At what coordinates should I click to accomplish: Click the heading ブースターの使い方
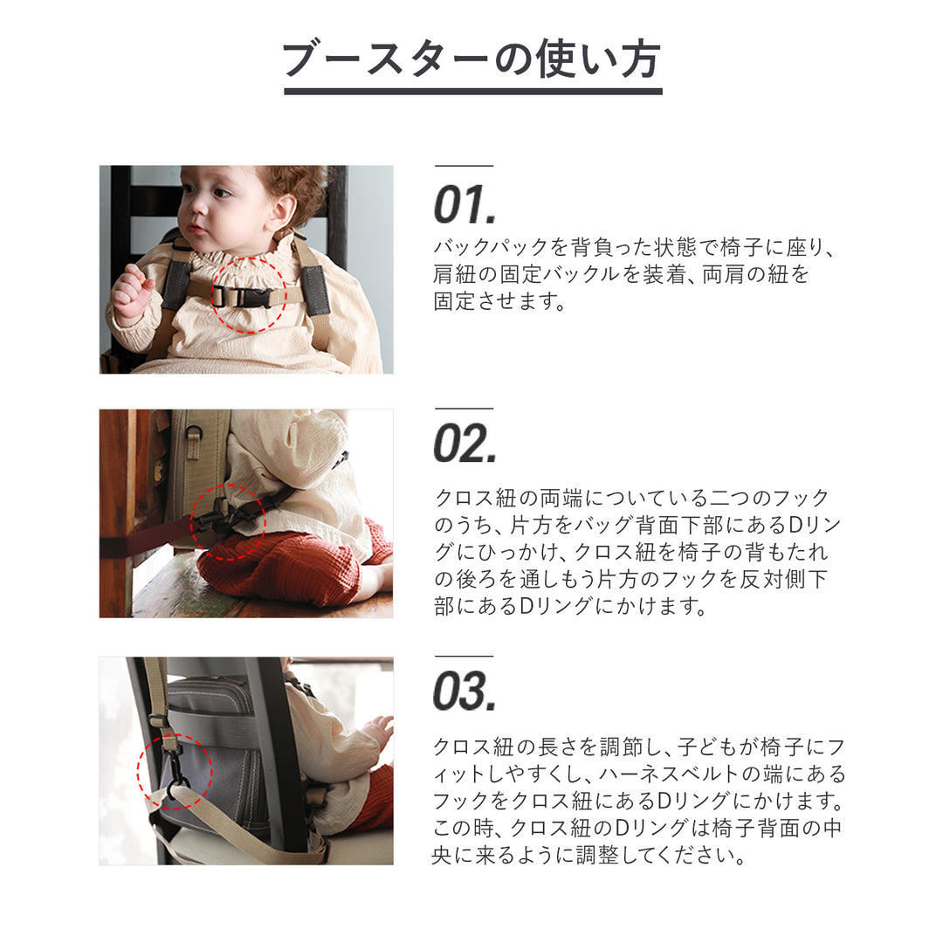[472, 59]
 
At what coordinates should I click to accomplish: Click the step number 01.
[465, 204]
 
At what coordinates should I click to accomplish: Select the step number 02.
[465, 444]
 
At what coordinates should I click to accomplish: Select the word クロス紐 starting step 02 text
[475, 498]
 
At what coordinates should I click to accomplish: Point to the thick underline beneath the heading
[472, 92]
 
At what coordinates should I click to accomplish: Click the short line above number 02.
[464, 409]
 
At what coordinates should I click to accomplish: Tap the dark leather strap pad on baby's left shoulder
[316, 289]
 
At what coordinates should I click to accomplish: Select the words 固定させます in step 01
[499, 300]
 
